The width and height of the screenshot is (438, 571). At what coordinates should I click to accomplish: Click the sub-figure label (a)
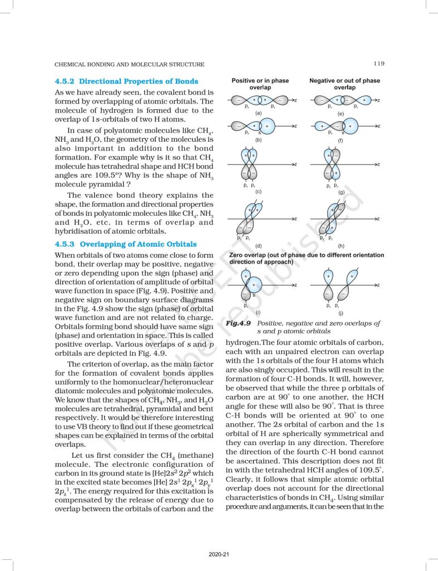click(259, 113)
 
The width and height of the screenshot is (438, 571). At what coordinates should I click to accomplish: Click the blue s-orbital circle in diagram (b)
click(266, 127)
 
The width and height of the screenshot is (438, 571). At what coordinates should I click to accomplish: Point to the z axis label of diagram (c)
click(295, 164)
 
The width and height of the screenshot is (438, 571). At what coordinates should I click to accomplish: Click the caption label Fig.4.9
click(238, 323)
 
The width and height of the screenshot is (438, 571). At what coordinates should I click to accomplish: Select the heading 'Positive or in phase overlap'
click(260, 84)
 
